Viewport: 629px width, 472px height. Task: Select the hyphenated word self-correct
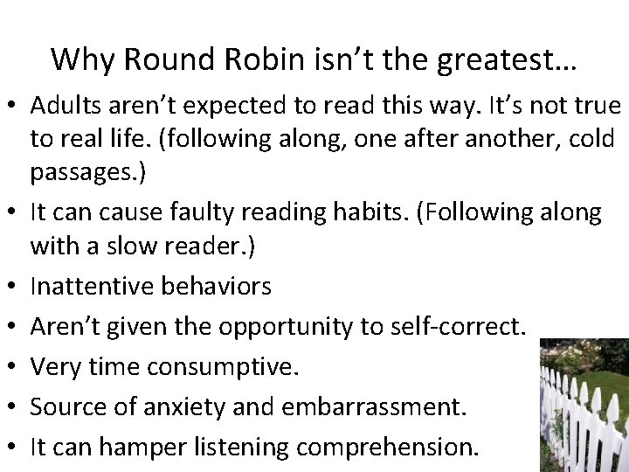pyautogui.click(x=454, y=326)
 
